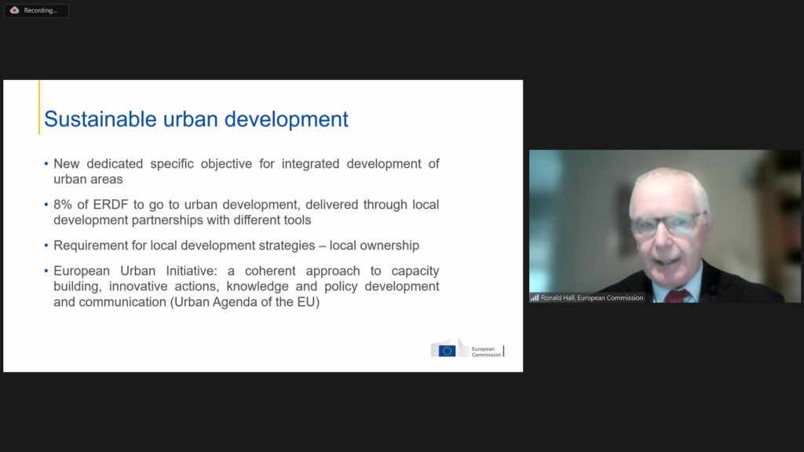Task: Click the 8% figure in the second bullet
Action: [x=63, y=205]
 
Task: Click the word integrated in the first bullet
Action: [x=310, y=165]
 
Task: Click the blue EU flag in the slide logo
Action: [x=447, y=351]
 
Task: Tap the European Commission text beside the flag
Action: [x=486, y=352]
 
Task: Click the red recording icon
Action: [x=14, y=10]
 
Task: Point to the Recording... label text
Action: [x=41, y=10]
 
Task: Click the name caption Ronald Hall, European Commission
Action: [x=592, y=297]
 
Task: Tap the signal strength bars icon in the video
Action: [x=535, y=297]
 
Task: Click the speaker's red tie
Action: [x=678, y=296]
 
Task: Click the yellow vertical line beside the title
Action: [x=39, y=107]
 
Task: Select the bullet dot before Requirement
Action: [x=46, y=246]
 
